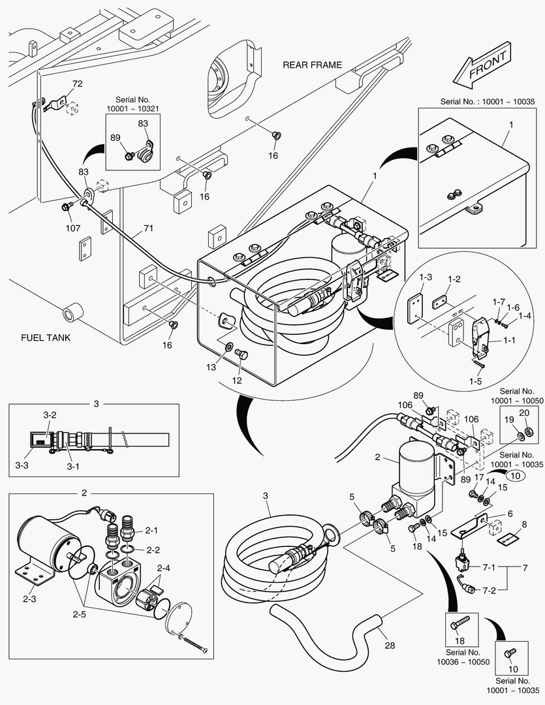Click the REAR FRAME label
coord(312,65)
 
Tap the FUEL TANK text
coord(45,337)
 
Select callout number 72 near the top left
coord(77,84)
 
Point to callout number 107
coord(72,228)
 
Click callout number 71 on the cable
coord(149,230)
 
